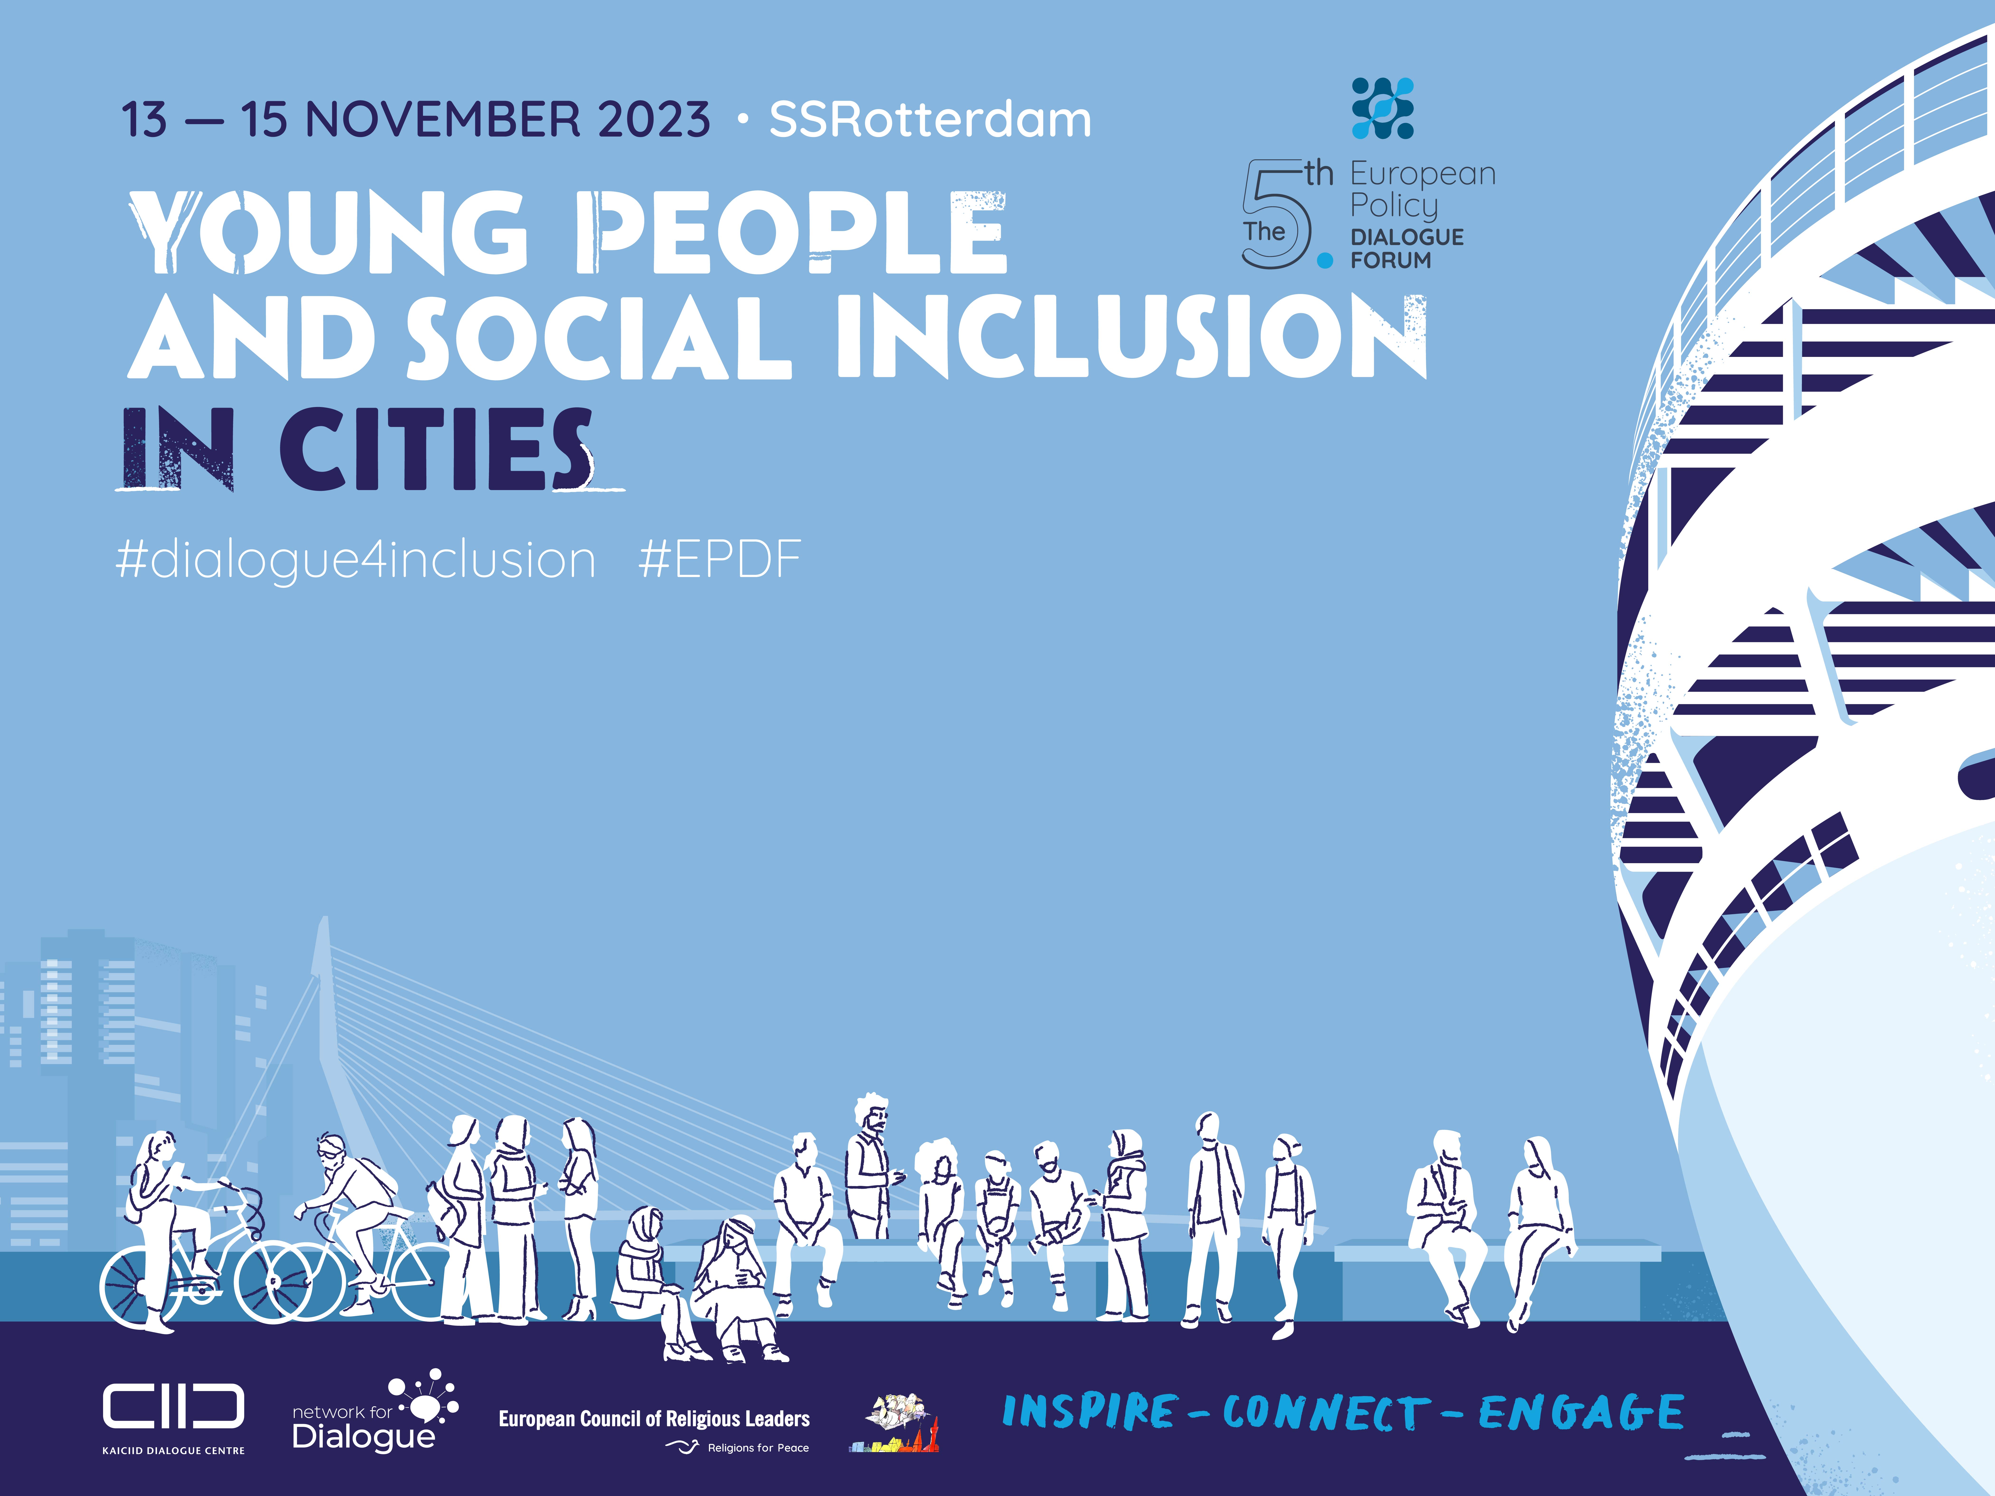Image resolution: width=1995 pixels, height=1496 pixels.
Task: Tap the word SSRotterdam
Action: point(930,120)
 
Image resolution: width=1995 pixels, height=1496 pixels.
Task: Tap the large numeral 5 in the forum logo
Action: point(1276,214)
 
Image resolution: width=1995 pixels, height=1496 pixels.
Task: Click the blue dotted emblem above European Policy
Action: point(1383,108)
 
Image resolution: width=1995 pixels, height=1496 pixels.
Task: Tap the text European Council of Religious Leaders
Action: point(654,1419)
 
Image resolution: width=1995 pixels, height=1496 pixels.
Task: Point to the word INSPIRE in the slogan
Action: point(1089,1412)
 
